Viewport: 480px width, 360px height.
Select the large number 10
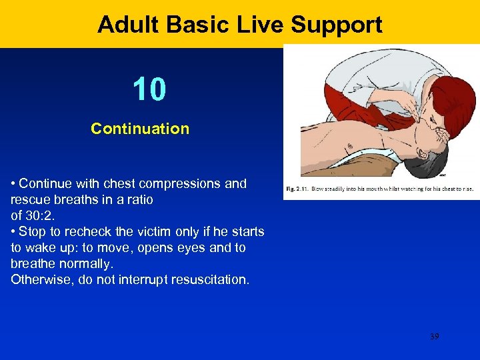[x=149, y=89]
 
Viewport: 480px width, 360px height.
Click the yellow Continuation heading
[x=140, y=129]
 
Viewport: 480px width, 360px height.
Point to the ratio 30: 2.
[x=40, y=215]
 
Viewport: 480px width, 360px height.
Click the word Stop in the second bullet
[x=31, y=231]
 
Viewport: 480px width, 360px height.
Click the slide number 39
[x=435, y=337]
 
